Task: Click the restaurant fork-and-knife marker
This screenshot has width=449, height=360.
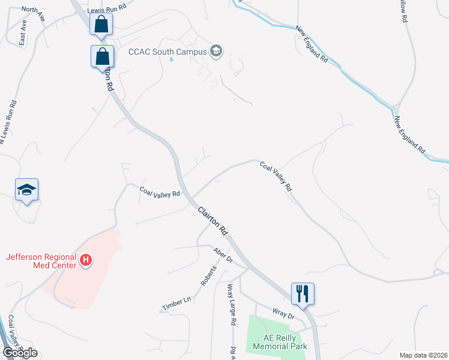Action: click(303, 293)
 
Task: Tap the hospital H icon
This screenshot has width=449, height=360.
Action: click(86, 260)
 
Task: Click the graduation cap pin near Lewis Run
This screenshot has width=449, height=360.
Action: click(26, 190)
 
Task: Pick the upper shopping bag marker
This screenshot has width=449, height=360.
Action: click(101, 25)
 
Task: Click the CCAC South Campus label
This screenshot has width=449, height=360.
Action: click(167, 52)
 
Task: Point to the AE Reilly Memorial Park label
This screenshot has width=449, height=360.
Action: click(280, 342)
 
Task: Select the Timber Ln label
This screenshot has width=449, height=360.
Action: click(176, 304)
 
